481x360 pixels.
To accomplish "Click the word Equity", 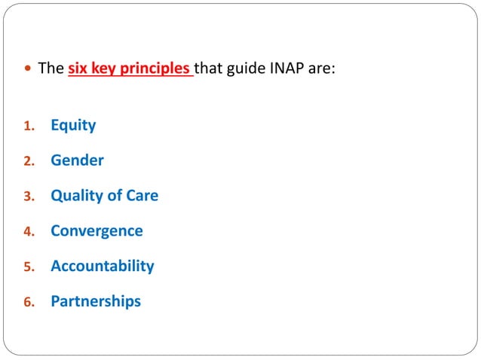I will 73,126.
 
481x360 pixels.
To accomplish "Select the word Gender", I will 77,160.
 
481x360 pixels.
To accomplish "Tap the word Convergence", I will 97,231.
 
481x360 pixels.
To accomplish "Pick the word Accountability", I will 102,266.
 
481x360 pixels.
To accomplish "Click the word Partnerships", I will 96,301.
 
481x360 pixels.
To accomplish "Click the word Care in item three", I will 141,196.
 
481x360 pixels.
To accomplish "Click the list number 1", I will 29,127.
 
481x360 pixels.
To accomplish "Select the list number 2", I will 29,161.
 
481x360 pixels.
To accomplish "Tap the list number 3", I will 29,197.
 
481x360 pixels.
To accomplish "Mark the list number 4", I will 29,232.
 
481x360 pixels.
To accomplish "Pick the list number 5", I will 29,267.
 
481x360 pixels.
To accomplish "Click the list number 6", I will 29,302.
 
